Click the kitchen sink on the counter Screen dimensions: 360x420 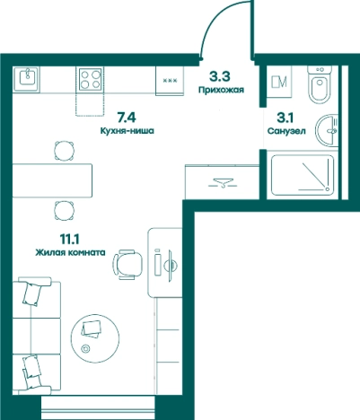tap(26, 79)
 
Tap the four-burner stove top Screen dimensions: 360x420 tap(91, 79)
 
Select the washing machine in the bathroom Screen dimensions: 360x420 tap(279, 82)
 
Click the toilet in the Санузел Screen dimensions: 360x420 tap(320, 84)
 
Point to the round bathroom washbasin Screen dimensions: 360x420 tap(327, 131)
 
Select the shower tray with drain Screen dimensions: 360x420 tap(303, 174)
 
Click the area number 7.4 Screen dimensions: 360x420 tap(127, 117)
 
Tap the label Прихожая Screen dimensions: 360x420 tap(222, 90)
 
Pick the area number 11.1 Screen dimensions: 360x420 tap(69, 239)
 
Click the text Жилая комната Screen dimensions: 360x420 tap(70, 252)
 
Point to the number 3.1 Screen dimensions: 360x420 tap(285, 118)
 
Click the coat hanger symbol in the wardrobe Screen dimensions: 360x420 tap(223, 183)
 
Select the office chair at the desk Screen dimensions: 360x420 tap(128, 265)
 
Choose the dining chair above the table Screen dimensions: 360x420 tap(64, 151)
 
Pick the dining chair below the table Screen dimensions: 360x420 tap(64, 211)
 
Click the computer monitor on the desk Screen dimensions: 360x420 tap(171, 266)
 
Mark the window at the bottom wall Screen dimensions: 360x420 tap(98, 407)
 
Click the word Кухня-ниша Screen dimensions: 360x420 tap(127, 131)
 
